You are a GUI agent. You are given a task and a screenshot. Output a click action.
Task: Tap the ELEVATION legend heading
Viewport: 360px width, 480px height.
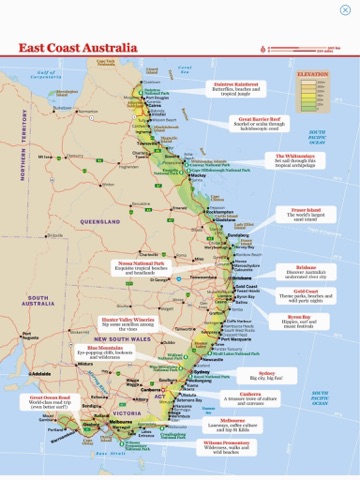click(315, 73)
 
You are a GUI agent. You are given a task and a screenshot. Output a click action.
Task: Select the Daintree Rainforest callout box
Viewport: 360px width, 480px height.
click(236, 88)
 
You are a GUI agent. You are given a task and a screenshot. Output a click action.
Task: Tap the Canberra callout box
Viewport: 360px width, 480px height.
click(251, 399)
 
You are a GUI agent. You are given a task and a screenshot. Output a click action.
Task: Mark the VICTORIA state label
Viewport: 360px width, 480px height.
click(125, 412)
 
